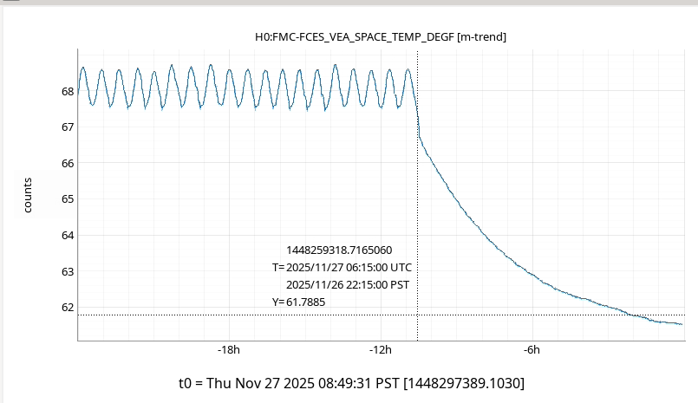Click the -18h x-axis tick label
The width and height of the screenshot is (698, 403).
(x=228, y=350)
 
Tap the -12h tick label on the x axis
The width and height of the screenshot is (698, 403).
(x=380, y=350)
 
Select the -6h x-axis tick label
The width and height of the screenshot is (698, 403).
(x=532, y=350)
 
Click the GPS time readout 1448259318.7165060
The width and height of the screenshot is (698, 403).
(x=344, y=250)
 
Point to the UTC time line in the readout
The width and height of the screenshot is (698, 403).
(x=342, y=268)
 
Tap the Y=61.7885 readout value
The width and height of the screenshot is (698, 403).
(x=303, y=302)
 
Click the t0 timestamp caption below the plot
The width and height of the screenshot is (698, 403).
(x=351, y=382)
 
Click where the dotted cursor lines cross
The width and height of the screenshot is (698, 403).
(x=418, y=315)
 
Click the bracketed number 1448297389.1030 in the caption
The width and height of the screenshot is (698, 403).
(x=465, y=382)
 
